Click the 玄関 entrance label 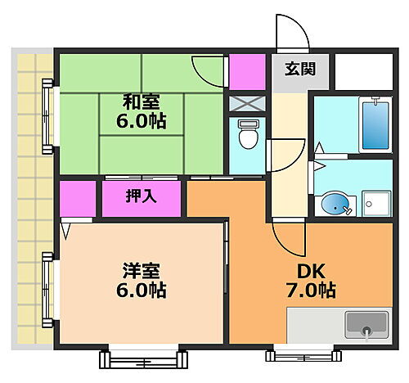300,70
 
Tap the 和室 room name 141,102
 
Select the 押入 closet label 141,196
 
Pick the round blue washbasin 335,202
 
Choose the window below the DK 301,354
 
